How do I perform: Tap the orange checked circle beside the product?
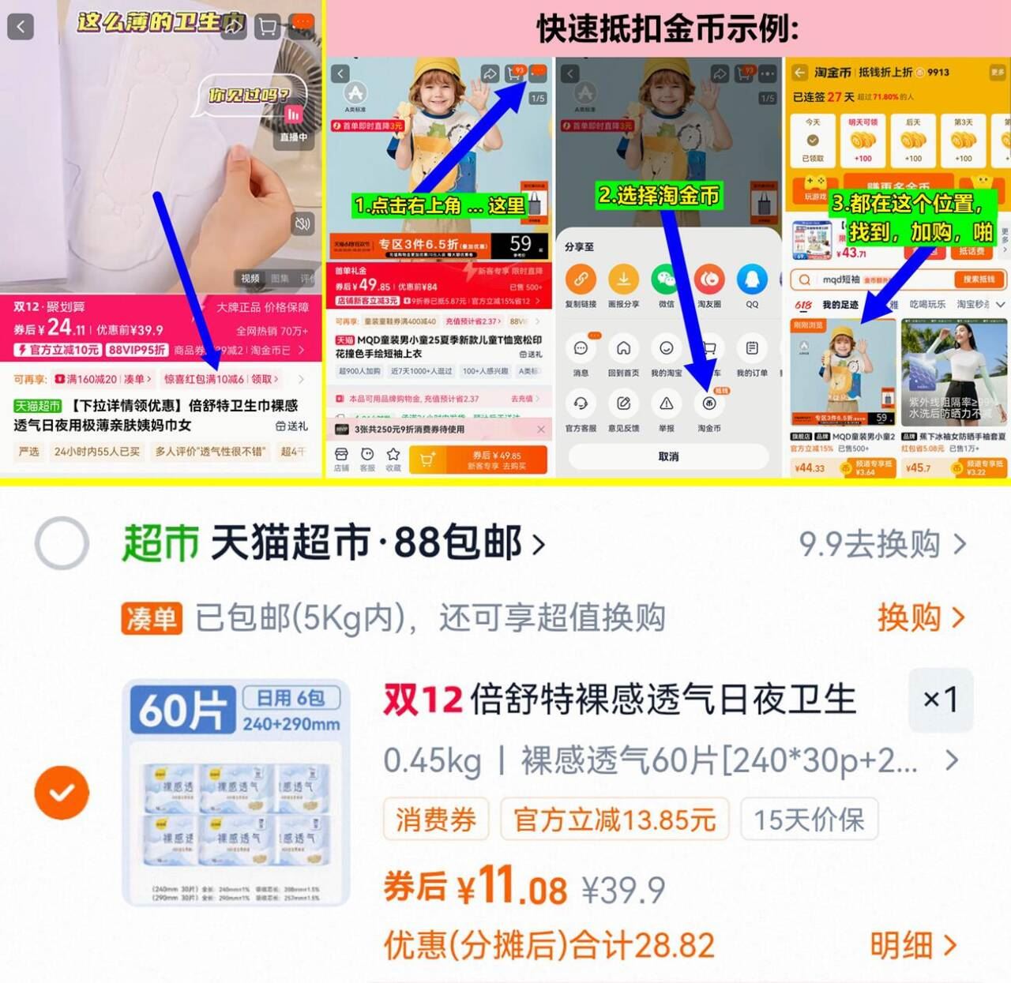[62, 792]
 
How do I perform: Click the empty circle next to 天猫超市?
[62, 543]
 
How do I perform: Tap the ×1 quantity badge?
[940, 699]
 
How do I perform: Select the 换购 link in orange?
[920, 617]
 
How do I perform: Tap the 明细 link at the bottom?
[913, 945]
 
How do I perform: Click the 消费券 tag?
[436, 820]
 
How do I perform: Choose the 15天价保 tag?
[809, 820]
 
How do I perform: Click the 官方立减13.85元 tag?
[614, 820]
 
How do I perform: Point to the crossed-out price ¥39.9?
[623, 890]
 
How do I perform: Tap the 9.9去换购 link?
[881, 544]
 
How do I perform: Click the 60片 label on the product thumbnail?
[183, 710]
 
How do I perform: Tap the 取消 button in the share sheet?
[668, 456]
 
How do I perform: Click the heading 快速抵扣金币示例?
[668, 29]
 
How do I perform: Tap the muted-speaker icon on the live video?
[302, 223]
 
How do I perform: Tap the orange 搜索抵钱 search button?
[979, 280]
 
